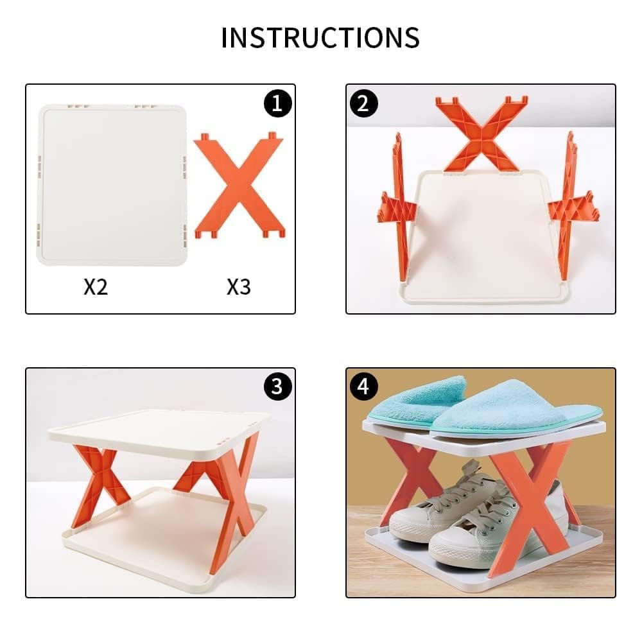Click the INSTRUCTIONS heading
[x=320, y=38]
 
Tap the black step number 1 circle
[x=277, y=103]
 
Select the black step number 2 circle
[x=363, y=103]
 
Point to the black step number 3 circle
[x=277, y=386]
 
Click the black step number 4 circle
[x=363, y=386]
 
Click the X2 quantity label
[x=96, y=286]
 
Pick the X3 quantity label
[x=239, y=286]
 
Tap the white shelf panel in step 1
[x=112, y=185]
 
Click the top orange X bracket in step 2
[x=482, y=134]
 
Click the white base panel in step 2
[x=483, y=238]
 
